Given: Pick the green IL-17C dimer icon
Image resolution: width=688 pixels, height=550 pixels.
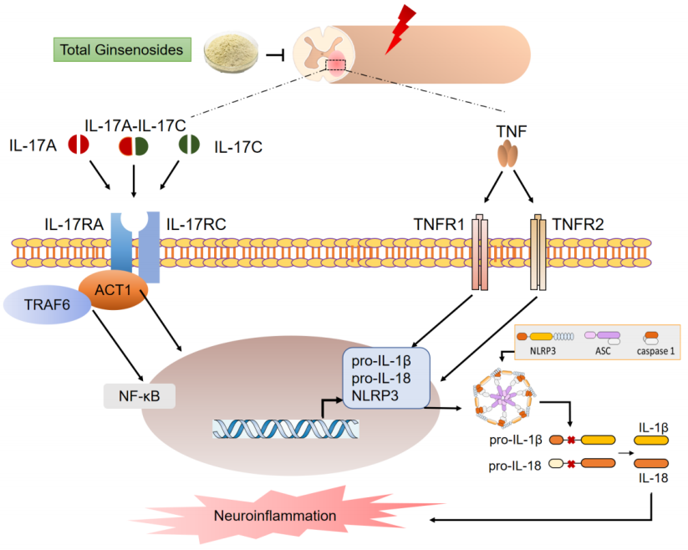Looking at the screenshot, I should [187, 144].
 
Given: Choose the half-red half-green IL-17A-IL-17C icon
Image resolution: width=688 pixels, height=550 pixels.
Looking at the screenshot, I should [135, 146].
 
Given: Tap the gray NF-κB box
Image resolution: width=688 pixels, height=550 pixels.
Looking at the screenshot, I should [138, 393].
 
